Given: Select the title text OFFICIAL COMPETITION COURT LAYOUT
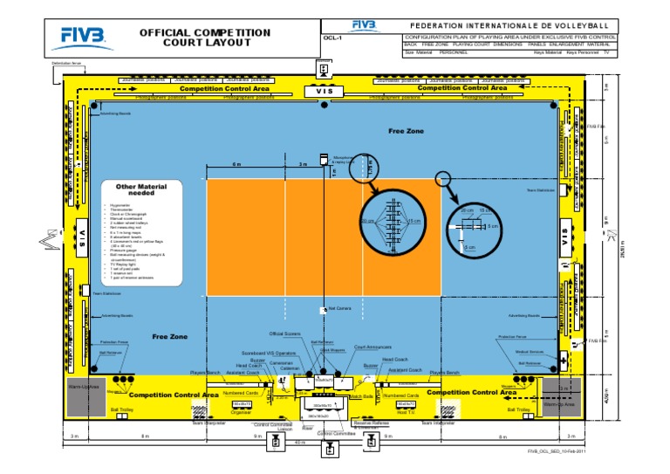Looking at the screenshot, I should tap(206, 38).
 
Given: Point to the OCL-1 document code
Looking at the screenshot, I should tap(332, 39).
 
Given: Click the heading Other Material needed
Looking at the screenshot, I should tap(134, 190).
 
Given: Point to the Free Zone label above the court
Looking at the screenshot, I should tap(405, 131).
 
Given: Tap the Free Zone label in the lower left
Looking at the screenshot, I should tap(169, 336).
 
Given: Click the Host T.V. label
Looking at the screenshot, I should tap(406, 413).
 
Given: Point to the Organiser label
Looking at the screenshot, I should tap(242, 413).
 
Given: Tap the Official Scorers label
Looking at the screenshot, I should tap(284, 333).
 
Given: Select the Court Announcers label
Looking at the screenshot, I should tap(372, 347).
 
